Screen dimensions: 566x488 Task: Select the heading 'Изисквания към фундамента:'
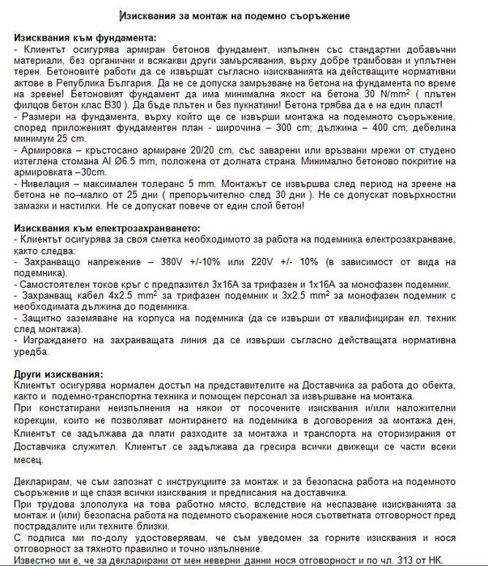coord(86,38)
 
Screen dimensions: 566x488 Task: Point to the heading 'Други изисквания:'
coord(59,374)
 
